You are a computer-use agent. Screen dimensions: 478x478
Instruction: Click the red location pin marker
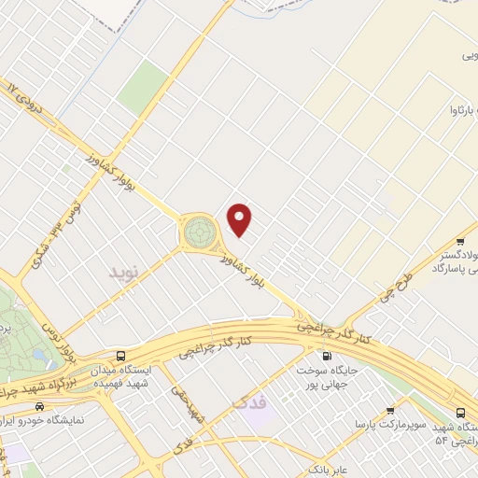pyautogui.click(x=241, y=219)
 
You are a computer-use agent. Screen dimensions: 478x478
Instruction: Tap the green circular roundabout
pyautogui.click(x=198, y=230)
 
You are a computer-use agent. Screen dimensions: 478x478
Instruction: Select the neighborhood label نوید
pyautogui.click(x=123, y=273)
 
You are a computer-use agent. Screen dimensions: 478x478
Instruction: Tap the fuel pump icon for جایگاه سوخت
pyautogui.click(x=326, y=356)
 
